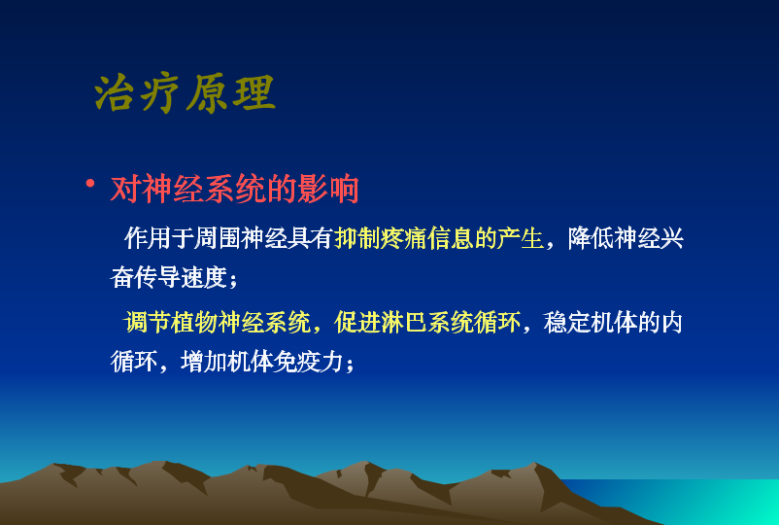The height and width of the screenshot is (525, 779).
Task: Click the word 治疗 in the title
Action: click(137, 93)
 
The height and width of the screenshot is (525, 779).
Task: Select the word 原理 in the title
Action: click(231, 93)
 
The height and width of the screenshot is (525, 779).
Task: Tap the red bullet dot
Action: click(90, 184)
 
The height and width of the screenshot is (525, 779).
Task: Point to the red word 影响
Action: click(328, 189)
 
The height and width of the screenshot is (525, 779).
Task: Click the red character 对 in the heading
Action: click(125, 189)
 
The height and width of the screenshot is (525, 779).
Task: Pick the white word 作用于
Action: click(159, 237)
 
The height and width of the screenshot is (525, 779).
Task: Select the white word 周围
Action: click(218, 237)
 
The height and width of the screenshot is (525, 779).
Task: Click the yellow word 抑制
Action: click(357, 237)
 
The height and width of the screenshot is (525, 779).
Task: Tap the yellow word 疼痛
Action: click(404, 237)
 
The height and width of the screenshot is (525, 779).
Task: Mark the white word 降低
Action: click(591, 237)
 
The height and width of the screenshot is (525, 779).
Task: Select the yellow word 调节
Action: click(148, 322)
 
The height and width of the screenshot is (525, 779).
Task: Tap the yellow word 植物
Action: click(194, 322)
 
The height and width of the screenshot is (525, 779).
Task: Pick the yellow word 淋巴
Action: click(404, 322)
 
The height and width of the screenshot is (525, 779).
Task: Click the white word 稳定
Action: click(567, 322)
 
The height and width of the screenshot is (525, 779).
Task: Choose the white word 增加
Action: click(204, 362)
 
